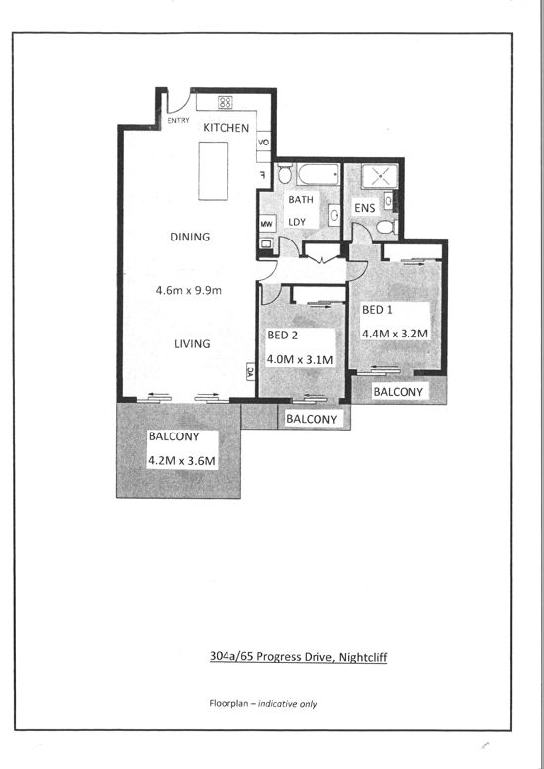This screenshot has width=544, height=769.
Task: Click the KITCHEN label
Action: tap(226, 128)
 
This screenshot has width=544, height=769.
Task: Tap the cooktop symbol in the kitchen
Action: tap(225, 103)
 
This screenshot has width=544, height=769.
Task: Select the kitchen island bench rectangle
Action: tap(214, 170)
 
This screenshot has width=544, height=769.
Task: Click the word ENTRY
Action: tap(178, 120)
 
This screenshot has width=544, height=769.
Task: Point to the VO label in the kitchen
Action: tap(264, 143)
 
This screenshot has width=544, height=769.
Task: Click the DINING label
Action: tap(190, 237)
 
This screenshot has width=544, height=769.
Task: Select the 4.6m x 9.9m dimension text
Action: tap(189, 290)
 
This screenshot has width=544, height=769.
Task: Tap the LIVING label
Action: tap(192, 343)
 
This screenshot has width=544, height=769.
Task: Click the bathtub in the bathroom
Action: tap(318, 174)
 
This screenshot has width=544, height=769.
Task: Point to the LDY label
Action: tap(297, 222)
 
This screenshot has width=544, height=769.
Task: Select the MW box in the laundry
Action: tap(267, 224)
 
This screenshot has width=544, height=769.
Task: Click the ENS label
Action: tap(365, 208)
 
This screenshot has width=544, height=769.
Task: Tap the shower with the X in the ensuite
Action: tap(380, 176)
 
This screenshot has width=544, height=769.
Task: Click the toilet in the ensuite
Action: tap(386, 227)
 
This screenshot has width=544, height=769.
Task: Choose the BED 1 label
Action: tap(377, 310)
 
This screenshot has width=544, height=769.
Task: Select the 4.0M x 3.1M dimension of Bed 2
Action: tap(300, 359)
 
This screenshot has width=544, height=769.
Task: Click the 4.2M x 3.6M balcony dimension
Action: tap(182, 461)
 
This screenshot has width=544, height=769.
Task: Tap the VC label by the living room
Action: tap(251, 371)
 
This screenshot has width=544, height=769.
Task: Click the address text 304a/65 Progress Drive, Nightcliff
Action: tap(298, 657)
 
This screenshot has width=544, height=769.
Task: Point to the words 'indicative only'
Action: tap(287, 704)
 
